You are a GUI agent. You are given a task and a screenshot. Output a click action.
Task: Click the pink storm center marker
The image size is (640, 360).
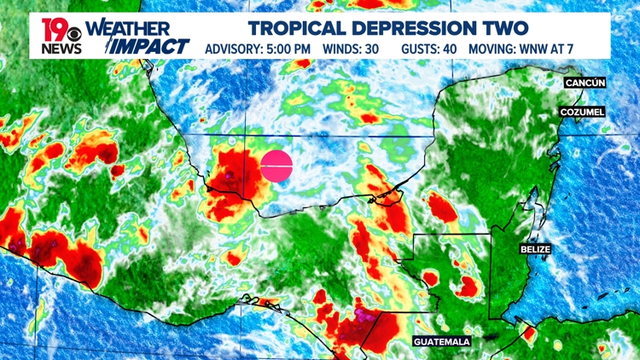point(276,165)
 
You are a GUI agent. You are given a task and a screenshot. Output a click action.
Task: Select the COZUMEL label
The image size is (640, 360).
point(583,112)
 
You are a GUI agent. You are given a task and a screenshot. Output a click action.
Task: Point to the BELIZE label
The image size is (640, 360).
point(535,249)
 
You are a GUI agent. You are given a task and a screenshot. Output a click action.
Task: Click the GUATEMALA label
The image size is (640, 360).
point(442,341)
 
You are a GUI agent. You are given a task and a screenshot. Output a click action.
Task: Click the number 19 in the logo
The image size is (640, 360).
point(53,30)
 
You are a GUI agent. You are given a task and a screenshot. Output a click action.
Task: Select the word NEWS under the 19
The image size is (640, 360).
point(60,49)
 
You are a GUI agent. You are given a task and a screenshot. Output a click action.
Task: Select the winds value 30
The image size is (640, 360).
point(373,48)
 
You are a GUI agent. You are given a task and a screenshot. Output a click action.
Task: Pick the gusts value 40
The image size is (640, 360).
point(448,48)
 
